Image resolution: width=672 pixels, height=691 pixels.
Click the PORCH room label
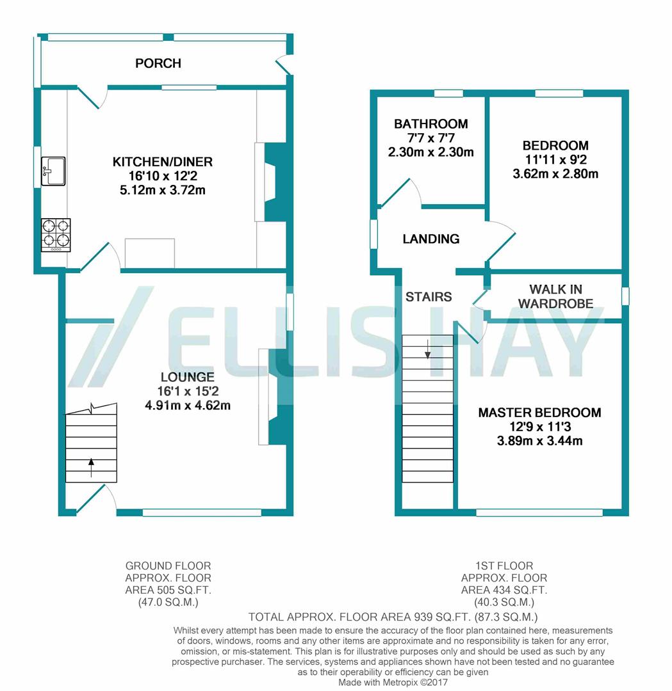[158, 63]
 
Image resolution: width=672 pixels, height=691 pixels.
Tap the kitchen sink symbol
[53, 171]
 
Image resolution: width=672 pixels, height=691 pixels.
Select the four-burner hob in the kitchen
[56, 234]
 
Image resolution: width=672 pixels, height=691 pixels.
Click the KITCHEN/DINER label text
[163, 162]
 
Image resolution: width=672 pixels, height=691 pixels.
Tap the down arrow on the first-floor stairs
[427, 349]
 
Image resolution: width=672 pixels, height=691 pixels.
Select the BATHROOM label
[430, 124]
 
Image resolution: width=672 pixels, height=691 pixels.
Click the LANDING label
[431, 239]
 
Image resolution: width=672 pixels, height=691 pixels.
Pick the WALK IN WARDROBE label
[555, 297]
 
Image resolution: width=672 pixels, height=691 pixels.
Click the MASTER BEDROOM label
[539, 413]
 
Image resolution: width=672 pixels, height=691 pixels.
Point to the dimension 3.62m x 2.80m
[555, 173]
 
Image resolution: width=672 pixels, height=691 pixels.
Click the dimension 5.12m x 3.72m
[163, 190]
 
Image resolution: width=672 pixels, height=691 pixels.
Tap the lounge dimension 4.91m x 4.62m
[188, 405]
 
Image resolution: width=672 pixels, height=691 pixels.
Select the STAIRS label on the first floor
[429, 297]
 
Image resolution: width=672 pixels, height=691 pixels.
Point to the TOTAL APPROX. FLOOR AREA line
[393, 617]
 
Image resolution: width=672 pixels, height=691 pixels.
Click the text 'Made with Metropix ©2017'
[393, 682]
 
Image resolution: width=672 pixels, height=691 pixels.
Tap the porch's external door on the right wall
[283, 64]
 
